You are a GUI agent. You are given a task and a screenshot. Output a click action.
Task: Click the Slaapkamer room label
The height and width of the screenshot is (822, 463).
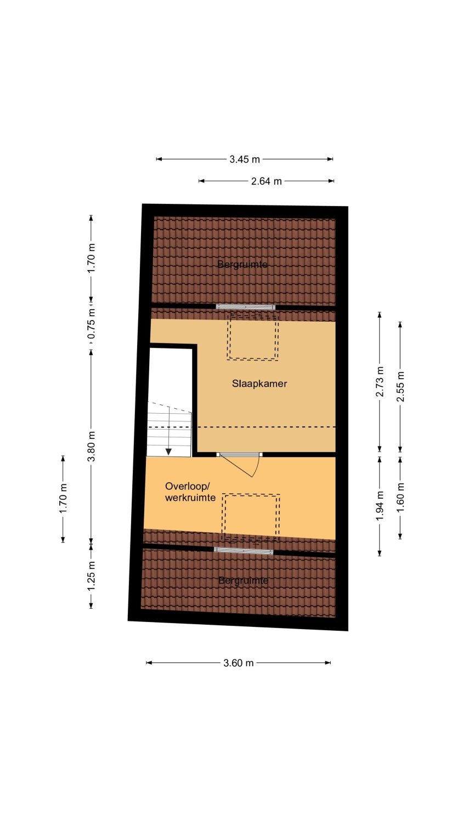click(259, 384)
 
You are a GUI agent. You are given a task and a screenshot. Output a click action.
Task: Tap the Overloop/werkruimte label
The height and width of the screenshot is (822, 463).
click(190, 492)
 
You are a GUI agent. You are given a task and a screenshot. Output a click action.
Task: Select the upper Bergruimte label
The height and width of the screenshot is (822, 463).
click(242, 264)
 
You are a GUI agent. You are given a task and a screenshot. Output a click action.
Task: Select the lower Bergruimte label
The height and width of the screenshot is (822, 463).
click(243, 580)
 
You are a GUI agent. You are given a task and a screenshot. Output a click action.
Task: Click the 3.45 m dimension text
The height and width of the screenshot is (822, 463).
click(245, 159)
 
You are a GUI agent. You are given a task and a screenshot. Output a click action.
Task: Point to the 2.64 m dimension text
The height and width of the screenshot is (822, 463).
click(267, 181)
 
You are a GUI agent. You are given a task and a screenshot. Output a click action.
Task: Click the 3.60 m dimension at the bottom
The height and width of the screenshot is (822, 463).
click(239, 663)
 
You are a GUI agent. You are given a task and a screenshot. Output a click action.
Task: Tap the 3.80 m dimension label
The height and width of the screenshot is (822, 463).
click(92, 446)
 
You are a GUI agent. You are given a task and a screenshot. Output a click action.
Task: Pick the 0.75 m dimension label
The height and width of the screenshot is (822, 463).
click(92, 324)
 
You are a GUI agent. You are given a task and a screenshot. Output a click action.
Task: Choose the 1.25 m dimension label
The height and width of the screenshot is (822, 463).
click(92, 576)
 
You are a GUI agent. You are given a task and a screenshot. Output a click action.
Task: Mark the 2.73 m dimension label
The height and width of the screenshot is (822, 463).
click(380, 381)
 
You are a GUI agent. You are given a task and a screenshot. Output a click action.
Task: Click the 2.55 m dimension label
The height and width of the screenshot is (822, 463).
click(400, 387)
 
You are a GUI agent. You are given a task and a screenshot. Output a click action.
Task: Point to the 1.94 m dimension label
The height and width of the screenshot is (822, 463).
click(380, 506)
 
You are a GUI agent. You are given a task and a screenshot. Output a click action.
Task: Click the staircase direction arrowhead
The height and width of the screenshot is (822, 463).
click(168, 452)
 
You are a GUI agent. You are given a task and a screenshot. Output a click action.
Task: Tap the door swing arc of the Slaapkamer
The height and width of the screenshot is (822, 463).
click(257, 467)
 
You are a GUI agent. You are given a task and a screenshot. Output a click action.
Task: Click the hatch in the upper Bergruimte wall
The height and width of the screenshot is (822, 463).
click(245, 307)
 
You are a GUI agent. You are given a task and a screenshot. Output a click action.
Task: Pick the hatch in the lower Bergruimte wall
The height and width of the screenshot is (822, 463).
click(244, 550)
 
